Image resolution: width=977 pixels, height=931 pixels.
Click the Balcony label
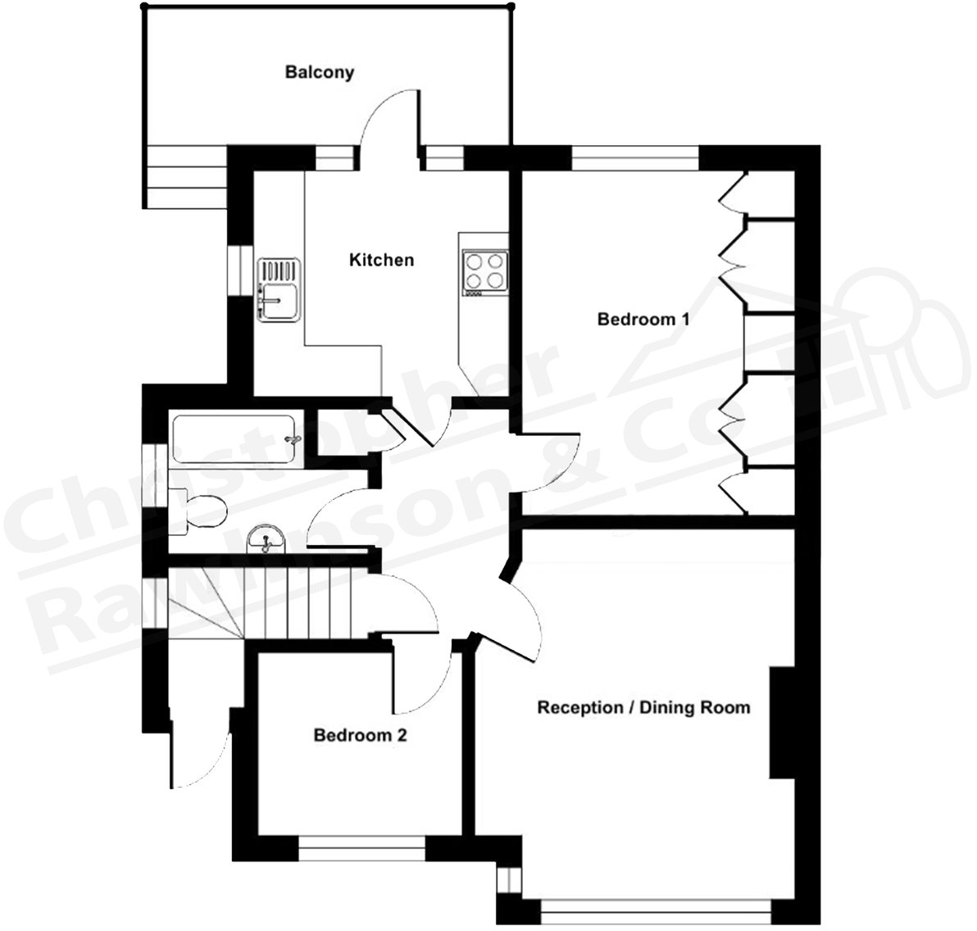(x=319, y=72)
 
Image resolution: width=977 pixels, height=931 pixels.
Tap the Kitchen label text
(x=381, y=261)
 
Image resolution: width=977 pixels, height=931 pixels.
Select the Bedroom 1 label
(x=643, y=319)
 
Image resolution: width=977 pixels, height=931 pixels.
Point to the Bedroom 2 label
(x=360, y=736)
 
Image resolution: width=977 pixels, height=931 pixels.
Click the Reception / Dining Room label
(x=643, y=707)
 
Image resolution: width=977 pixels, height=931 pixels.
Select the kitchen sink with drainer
(x=279, y=290)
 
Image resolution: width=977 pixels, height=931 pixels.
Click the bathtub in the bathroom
(x=233, y=440)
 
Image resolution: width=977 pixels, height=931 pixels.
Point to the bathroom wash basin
(x=266, y=538)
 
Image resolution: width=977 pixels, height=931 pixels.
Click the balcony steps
(x=185, y=177)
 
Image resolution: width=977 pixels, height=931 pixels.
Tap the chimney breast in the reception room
(x=782, y=722)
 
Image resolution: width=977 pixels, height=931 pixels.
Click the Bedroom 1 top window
(x=635, y=157)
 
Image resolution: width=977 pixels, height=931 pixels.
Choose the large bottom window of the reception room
(x=656, y=909)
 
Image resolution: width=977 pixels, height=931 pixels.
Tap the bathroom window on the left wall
(x=152, y=476)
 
